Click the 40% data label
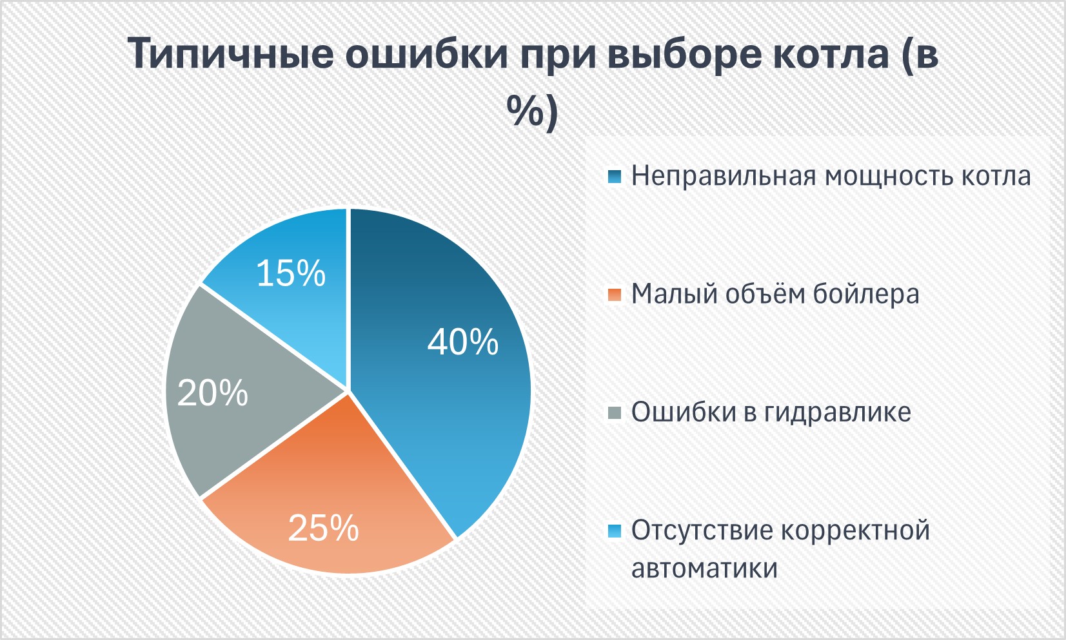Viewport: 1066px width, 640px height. pos(463,342)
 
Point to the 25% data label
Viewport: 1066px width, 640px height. pos(323,528)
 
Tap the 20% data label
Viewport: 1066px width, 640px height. pos(212,393)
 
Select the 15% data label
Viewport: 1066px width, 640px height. pos(291,273)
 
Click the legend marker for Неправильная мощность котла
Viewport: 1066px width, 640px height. pos(615,177)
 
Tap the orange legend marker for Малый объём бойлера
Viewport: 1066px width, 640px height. pos(615,295)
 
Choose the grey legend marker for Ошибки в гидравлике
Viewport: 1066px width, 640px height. pos(615,412)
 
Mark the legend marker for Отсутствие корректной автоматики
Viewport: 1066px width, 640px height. pos(615,531)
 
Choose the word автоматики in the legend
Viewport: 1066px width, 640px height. pos(704,568)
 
